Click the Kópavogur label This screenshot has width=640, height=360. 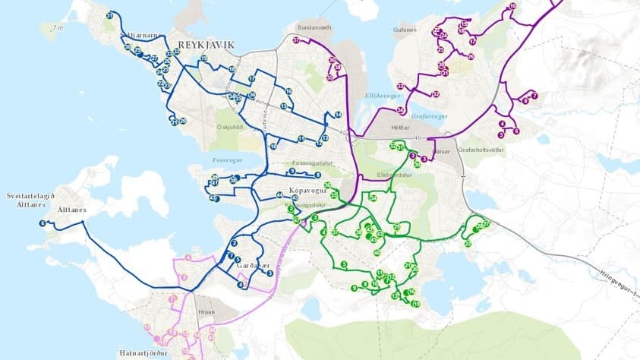tap(307, 191)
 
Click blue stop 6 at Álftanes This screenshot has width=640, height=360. tap(43, 223)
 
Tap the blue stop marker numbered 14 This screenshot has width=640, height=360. tap(338, 114)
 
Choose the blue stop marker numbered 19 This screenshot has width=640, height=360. tap(203, 58)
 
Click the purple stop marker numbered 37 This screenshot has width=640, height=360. tap(296, 39)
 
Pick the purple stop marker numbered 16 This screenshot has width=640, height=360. tap(513, 6)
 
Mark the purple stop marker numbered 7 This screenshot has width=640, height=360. tap(534, 96)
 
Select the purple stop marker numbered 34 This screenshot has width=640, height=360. tap(401, 110)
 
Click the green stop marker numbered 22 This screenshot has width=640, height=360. tap(468, 244)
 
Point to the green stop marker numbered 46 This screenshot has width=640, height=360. tap(377, 252)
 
